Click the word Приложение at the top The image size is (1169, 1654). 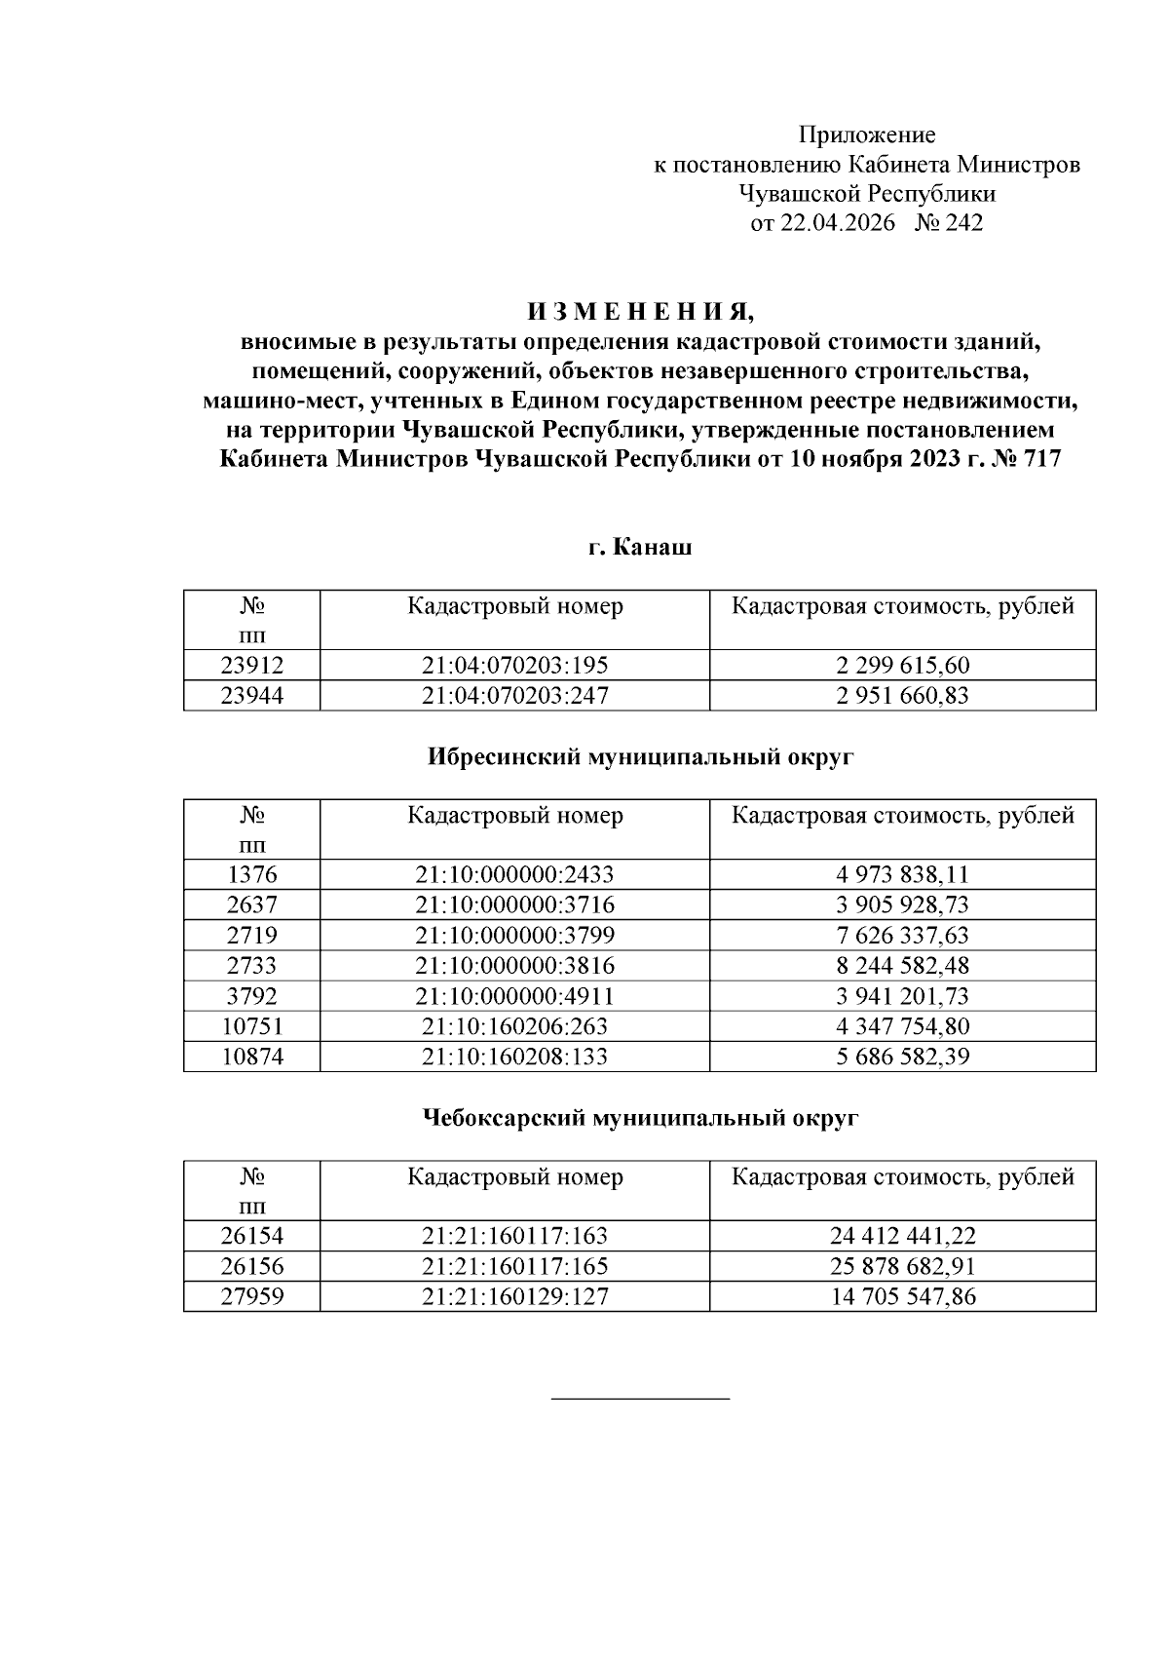tap(866, 135)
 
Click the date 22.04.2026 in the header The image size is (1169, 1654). tap(836, 223)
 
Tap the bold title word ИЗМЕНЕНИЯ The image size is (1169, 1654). tap(641, 313)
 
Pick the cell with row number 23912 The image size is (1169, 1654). tap(251, 666)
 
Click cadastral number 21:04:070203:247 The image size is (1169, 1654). tap(514, 696)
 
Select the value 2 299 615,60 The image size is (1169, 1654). tap(902, 666)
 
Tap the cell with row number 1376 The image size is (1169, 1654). tap(251, 875)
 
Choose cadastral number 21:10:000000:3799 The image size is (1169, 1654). tap(514, 936)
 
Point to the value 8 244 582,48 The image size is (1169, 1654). tap(902, 966)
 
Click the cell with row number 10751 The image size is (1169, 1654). tap(251, 1026)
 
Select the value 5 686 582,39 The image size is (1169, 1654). tap(902, 1057)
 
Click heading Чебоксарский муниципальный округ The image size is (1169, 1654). tap(640, 1118)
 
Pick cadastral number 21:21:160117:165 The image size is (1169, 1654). tap(514, 1267)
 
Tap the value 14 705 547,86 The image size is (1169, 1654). tap(902, 1297)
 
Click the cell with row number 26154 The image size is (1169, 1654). tap(251, 1237)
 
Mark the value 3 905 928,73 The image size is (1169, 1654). tap(902, 905)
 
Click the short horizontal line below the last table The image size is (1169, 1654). tap(640, 1400)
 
